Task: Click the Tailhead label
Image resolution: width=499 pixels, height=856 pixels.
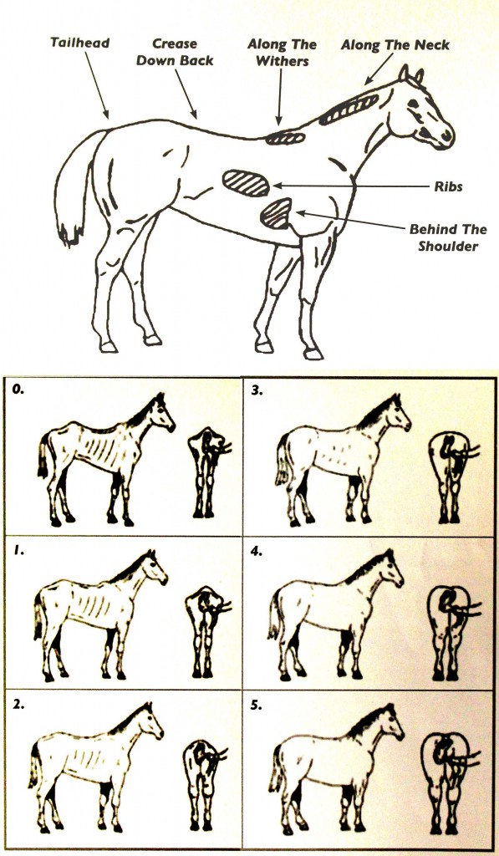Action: (x=79, y=43)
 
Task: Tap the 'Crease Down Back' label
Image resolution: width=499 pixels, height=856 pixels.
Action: (x=175, y=52)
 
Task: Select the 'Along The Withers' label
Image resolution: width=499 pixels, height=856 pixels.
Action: (x=283, y=53)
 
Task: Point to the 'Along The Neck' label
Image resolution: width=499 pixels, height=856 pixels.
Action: (x=395, y=45)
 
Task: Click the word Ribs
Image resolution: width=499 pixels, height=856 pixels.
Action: (x=448, y=186)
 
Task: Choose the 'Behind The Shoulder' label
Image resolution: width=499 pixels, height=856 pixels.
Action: (x=448, y=237)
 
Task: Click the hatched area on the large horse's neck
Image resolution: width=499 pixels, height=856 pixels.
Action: (x=349, y=109)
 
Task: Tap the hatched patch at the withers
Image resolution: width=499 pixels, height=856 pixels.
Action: (x=285, y=138)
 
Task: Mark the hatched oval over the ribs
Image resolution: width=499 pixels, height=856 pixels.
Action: (x=246, y=183)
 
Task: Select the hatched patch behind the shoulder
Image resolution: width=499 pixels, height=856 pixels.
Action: (x=277, y=213)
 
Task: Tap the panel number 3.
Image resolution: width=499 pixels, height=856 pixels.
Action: (x=257, y=391)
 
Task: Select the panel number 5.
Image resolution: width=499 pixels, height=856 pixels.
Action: (x=256, y=705)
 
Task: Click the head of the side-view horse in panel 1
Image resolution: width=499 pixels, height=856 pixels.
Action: (x=156, y=568)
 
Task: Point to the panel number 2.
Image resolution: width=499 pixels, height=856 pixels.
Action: (x=18, y=704)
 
